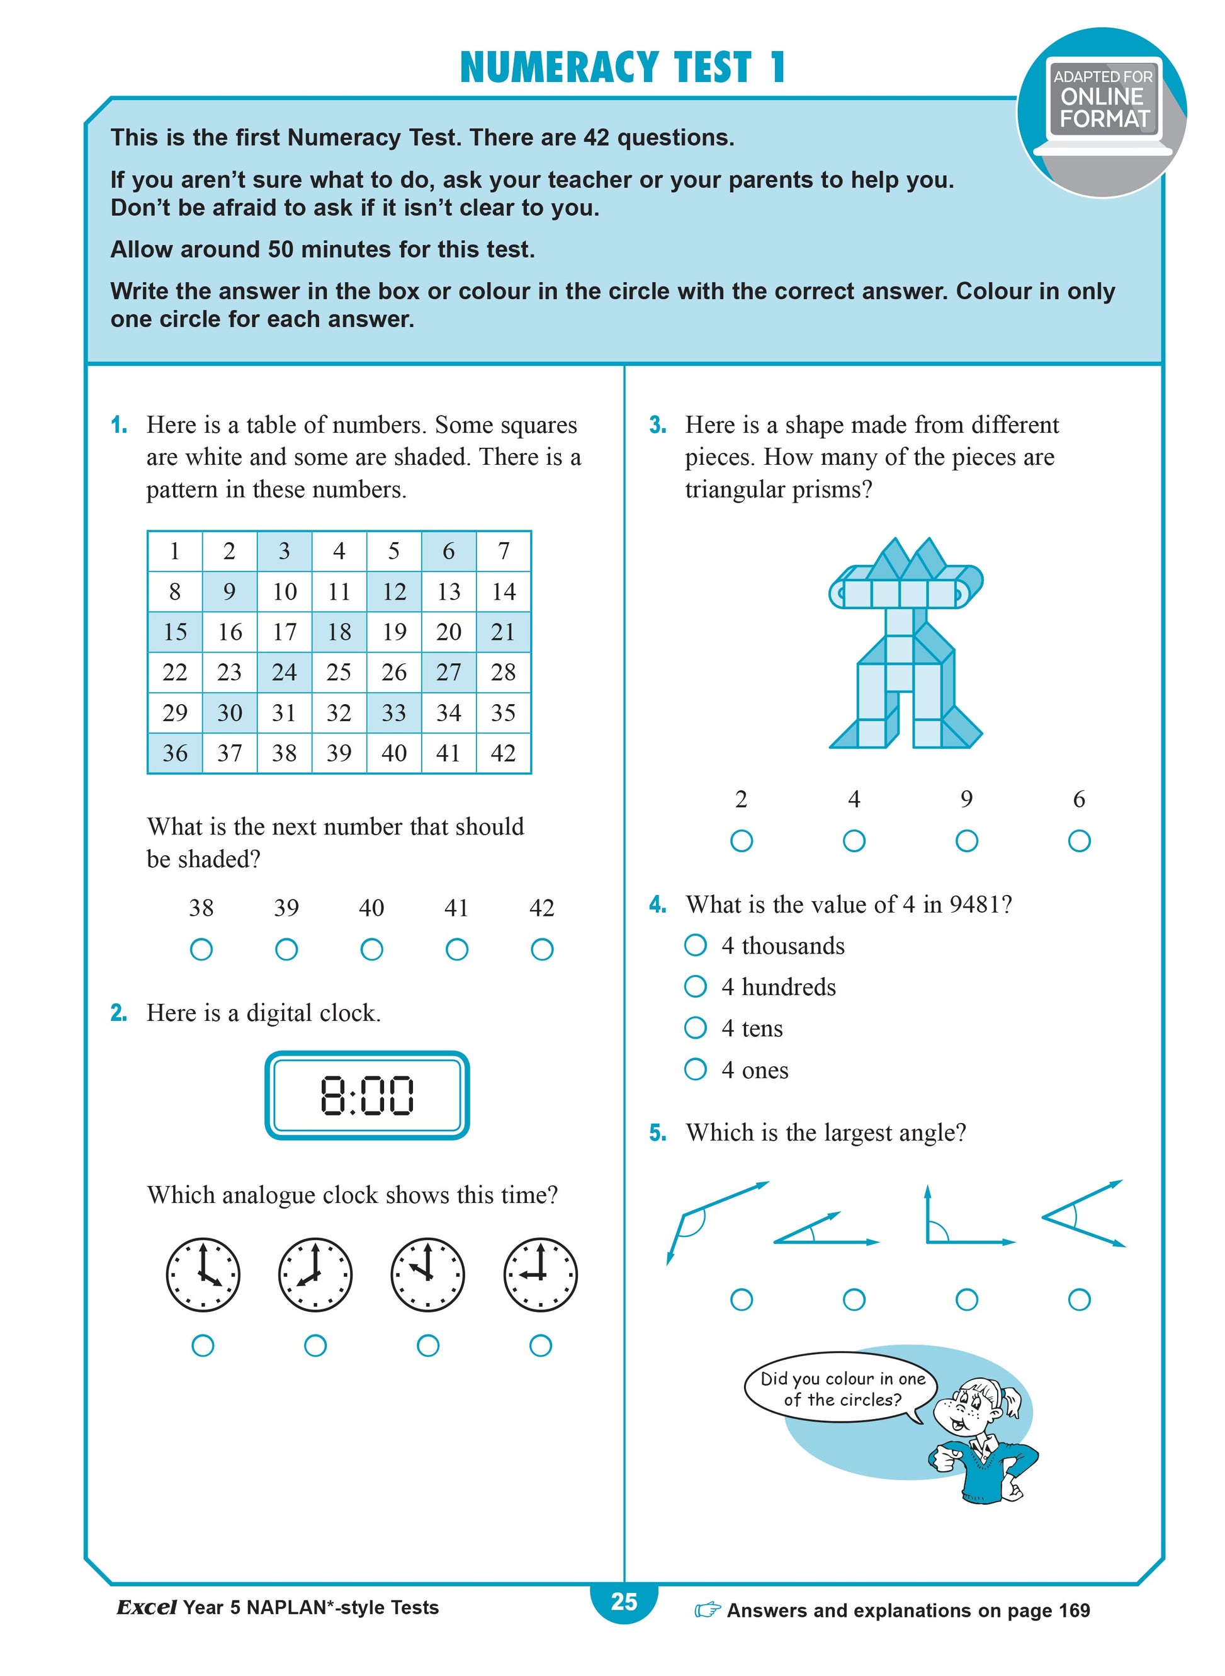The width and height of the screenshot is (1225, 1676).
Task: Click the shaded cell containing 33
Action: pos(394,712)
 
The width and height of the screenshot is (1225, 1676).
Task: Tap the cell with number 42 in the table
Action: pos(504,753)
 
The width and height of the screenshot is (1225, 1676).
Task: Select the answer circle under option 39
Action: pos(286,950)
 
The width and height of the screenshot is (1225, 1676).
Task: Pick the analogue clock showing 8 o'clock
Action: pos(315,1275)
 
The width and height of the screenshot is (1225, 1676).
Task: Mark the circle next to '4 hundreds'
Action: pos(696,987)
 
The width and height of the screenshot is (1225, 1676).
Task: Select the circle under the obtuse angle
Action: pos(742,1300)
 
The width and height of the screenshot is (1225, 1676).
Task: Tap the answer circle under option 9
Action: pos(966,841)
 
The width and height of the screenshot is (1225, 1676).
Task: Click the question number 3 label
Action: pos(658,425)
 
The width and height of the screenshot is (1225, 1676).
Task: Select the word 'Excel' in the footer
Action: pos(146,1608)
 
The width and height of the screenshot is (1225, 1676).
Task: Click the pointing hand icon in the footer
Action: pos(708,1610)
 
